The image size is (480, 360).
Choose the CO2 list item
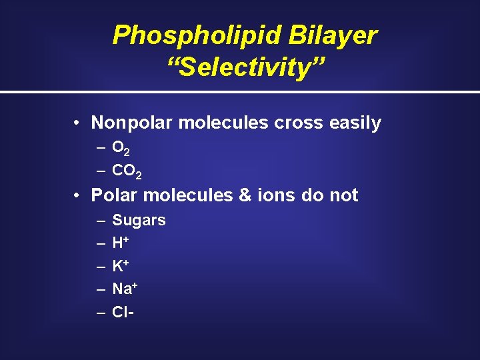(x=127, y=171)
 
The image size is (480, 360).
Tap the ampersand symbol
(x=245, y=195)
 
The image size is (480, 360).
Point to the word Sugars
(x=139, y=221)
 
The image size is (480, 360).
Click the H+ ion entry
(x=121, y=243)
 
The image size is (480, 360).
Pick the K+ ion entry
(x=121, y=266)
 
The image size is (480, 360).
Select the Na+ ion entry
(x=125, y=289)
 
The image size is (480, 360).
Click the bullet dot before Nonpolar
(x=78, y=123)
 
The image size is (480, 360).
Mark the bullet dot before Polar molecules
(x=78, y=196)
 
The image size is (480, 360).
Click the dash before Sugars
(x=100, y=221)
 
